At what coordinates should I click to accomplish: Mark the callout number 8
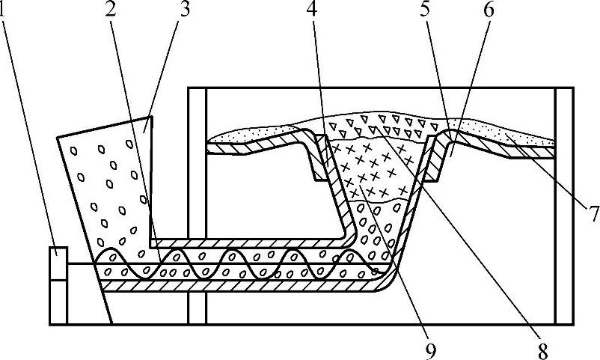pyautogui.click(x=541, y=349)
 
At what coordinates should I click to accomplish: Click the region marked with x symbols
pyautogui.click(x=367, y=168)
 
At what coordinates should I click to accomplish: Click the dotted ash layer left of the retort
pyautogui.click(x=247, y=136)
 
